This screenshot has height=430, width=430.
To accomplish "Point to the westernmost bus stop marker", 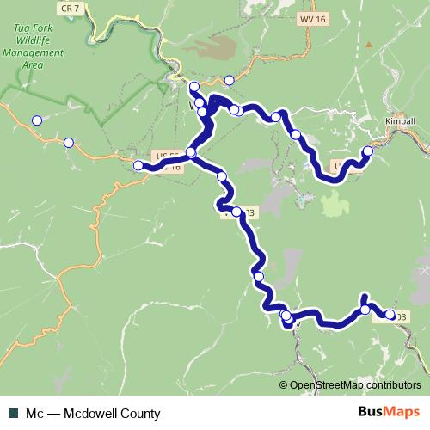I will [x=37, y=120].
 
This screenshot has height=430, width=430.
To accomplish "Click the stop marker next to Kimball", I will [x=368, y=151].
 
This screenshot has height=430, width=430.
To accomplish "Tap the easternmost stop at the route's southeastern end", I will [x=390, y=316].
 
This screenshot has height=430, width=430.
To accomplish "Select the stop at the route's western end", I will [x=138, y=165].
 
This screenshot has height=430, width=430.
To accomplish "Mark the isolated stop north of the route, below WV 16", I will [x=229, y=81].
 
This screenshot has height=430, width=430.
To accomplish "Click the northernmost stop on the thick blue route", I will [x=194, y=87].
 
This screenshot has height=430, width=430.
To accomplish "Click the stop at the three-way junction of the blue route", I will [x=191, y=153].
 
